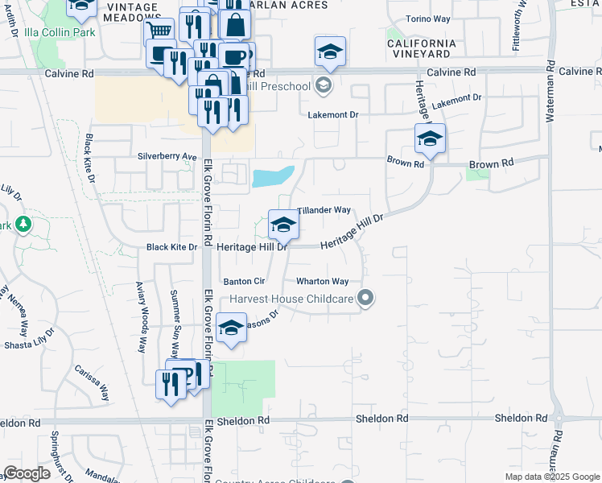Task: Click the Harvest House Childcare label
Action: pos(292,299)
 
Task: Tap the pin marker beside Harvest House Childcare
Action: pos(366,299)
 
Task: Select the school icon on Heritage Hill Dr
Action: pos(282,225)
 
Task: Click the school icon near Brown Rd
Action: pos(430,138)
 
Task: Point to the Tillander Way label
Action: pos(324,210)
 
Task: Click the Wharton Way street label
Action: pos(322,282)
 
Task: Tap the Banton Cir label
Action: pos(244,282)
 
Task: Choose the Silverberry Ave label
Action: pos(167,156)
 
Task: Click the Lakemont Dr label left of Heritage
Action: pos(332,115)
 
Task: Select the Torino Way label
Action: pos(428,19)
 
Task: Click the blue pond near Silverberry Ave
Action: pos(272,176)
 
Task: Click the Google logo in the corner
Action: pos(27,473)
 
